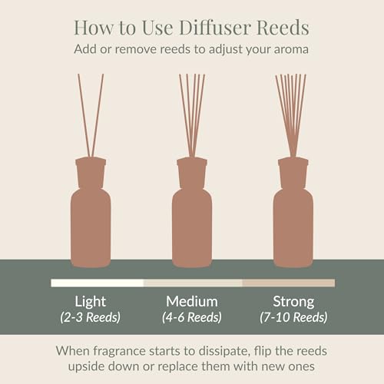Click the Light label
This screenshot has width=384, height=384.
(90, 301)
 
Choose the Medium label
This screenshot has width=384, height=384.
(192, 301)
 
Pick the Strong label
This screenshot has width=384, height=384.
(294, 301)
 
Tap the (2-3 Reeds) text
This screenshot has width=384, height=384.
(90, 317)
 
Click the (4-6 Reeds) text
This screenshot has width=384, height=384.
(192, 317)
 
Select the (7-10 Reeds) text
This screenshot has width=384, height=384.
(294, 317)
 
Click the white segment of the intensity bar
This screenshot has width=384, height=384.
(97, 283)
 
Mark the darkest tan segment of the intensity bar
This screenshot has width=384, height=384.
(288, 283)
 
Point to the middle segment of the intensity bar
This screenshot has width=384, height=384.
(192, 283)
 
